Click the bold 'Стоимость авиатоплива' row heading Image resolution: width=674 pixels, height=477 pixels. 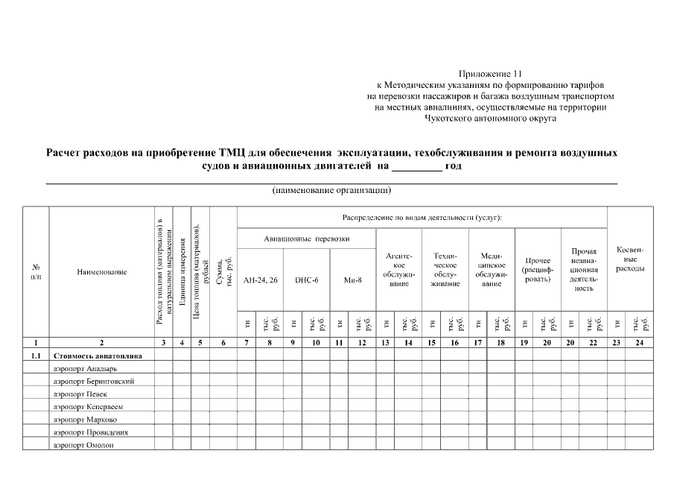(98, 356)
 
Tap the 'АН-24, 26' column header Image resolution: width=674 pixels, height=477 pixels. (260, 280)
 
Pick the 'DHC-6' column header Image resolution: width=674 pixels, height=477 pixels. (307, 280)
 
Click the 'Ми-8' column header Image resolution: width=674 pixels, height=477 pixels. (353, 280)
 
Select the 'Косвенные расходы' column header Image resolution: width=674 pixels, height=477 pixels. (630, 258)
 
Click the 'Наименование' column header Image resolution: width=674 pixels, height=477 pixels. (101, 272)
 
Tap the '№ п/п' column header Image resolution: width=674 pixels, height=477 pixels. (36, 272)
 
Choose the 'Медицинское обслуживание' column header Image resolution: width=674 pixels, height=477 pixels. (492, 269)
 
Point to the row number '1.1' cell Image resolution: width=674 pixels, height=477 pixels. (36, 356)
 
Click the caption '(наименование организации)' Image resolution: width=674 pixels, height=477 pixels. (331, 190)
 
